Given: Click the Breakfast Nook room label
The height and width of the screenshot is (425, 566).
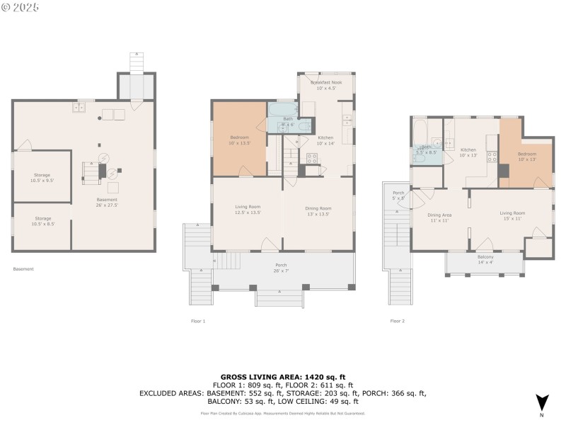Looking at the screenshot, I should click(327, 86).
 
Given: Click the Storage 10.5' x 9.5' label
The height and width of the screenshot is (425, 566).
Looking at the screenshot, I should click(42, 177).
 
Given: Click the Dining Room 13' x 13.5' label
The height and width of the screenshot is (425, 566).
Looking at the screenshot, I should click(318, 210).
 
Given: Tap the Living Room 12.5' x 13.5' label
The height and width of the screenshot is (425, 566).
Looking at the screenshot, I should click(248, 210).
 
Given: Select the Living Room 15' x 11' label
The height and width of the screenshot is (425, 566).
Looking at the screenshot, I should click(512, 215).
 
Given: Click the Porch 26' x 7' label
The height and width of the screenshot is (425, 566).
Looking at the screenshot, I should click(282, 268).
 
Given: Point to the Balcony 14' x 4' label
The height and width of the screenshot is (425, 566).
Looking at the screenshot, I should click(485, 259).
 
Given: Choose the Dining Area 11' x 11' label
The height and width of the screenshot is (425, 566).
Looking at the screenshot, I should click(439, 217).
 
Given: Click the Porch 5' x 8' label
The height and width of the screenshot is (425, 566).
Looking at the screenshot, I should click(398, 195).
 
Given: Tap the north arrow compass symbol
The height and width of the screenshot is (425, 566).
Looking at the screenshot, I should click(542, 404).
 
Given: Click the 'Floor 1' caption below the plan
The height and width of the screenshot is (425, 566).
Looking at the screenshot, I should click(198, 321).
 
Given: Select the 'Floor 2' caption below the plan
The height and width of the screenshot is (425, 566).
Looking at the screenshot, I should click(398, 321).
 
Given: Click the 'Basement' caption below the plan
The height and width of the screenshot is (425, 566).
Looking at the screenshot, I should click(23, 269).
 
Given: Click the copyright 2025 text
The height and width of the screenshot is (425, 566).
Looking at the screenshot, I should click(21, 7).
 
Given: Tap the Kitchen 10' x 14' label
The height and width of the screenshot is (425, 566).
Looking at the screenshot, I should click(325, 140).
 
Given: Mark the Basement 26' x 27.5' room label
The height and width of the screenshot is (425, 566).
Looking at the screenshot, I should click(107, 203).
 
